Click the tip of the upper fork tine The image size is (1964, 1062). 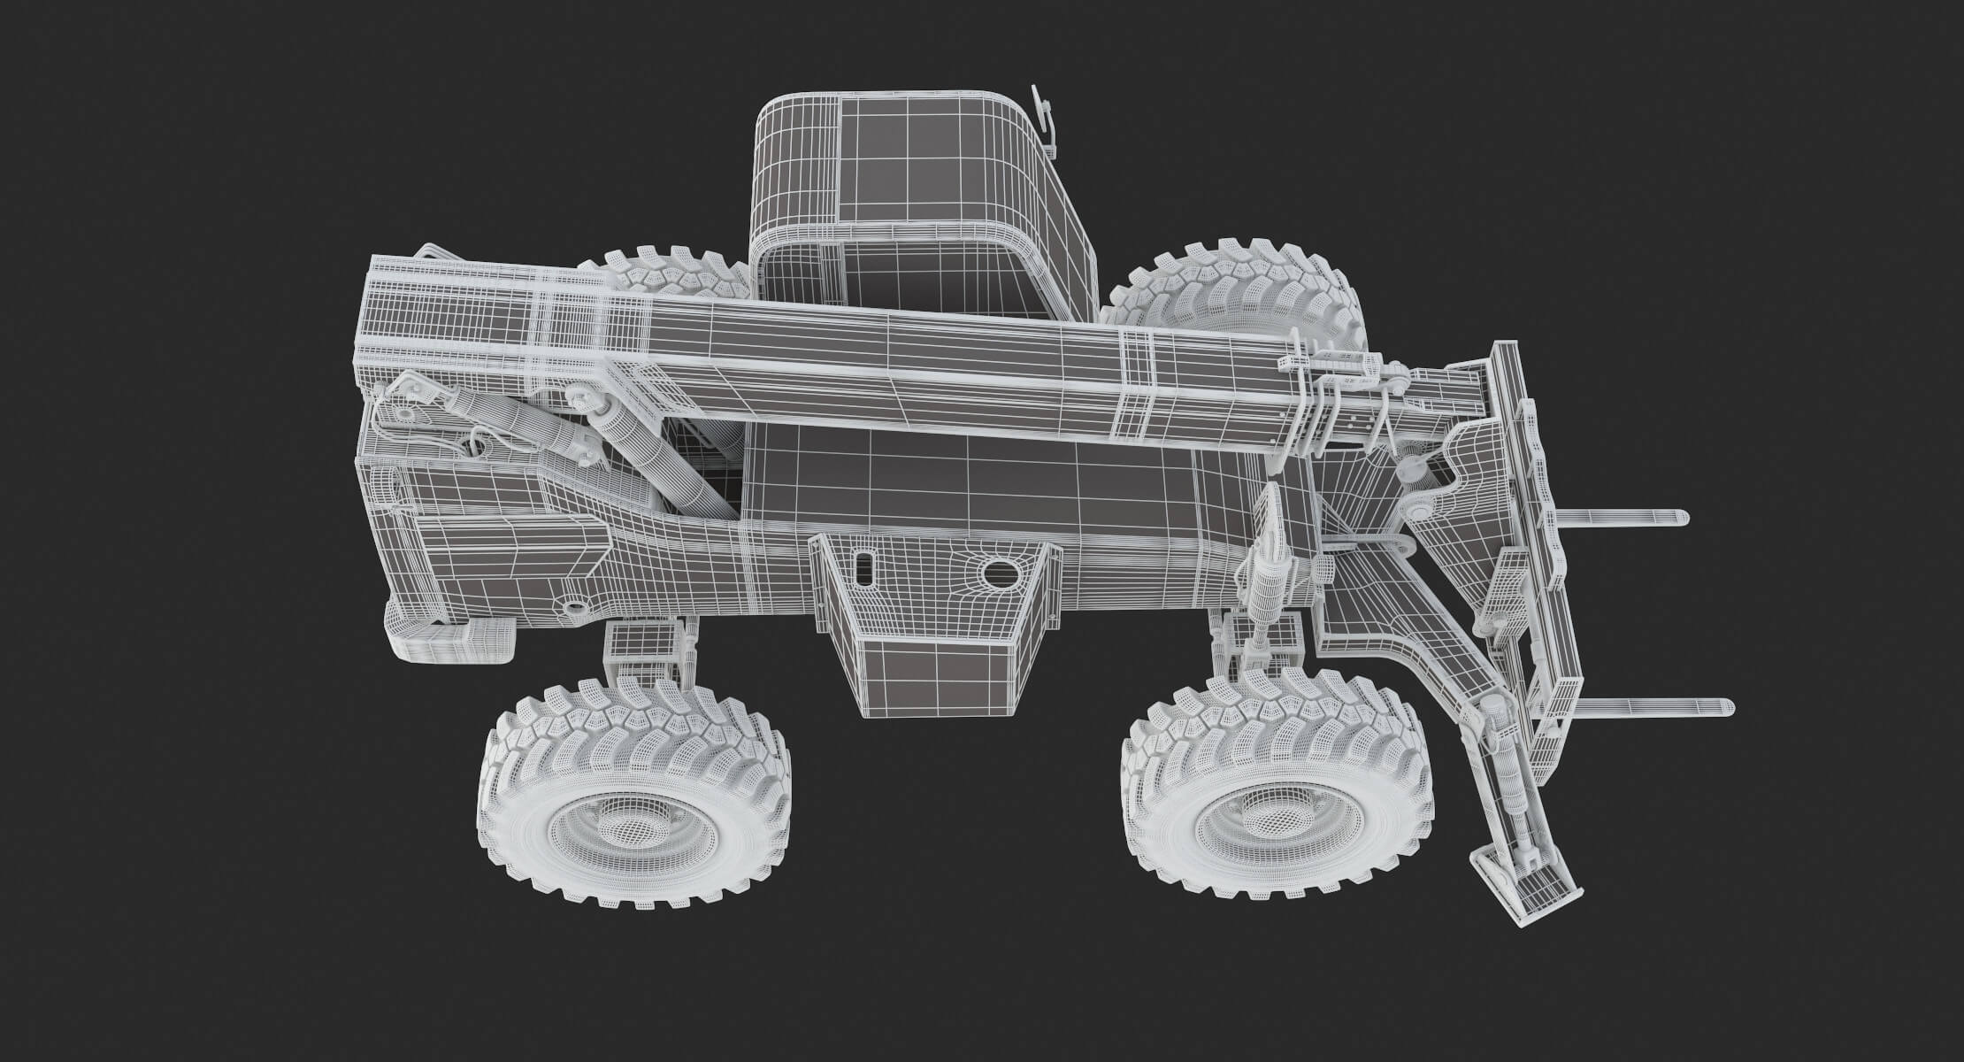1676,518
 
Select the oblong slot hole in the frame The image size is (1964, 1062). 866,567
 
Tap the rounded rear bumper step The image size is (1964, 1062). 451,641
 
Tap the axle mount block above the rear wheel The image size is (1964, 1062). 641,646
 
